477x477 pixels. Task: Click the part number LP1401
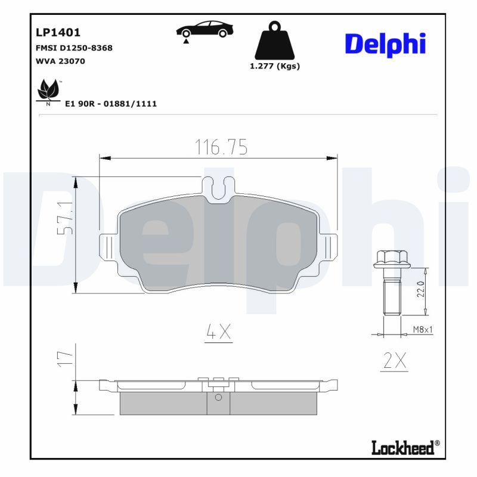point(58,33)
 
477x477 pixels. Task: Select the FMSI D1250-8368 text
point(74,48)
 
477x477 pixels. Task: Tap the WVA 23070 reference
point(60,61)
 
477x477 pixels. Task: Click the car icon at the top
point(205,30)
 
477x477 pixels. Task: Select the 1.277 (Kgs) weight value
point(274,66)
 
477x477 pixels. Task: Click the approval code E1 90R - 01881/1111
point(110,104)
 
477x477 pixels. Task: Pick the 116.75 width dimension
point(221,147)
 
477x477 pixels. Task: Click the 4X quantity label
point(218,332)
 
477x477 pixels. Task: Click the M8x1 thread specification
point(423,329)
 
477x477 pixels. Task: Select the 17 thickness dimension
point(65,357)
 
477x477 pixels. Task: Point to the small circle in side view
point(218,397)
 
